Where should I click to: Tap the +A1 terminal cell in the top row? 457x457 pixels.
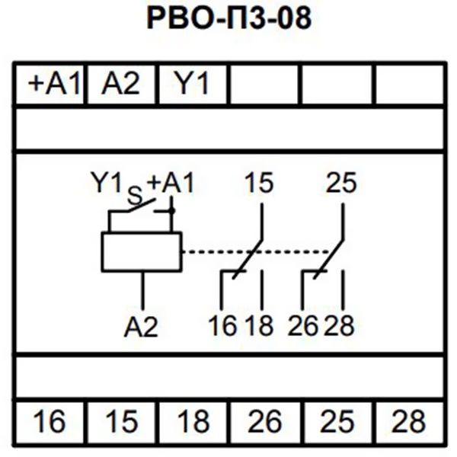53,84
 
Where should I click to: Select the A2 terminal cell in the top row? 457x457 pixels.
122,84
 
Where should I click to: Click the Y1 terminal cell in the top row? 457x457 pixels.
193,84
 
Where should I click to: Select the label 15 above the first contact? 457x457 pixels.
260,183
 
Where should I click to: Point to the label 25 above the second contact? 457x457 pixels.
340,183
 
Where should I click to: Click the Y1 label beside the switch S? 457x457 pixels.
107,183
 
